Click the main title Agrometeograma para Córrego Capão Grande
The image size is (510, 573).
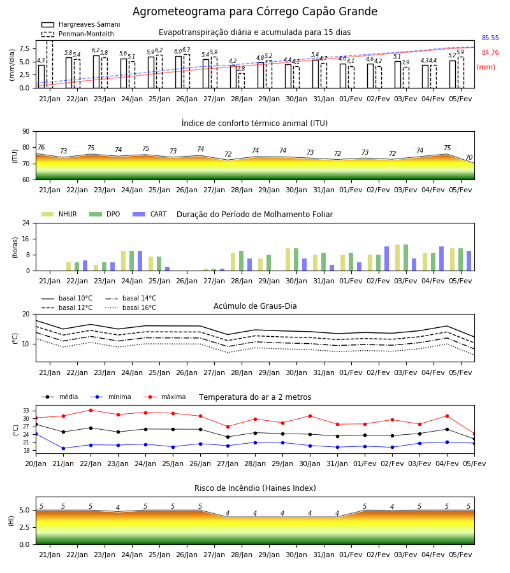tap(254, 11)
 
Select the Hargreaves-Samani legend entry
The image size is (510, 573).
tap(80, 24)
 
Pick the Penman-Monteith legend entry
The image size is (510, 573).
tap(78, 34)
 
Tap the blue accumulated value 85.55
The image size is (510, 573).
tap(490, 38)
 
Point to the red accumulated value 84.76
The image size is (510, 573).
tap(490, 52)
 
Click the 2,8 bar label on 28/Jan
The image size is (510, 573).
tap(241, 69)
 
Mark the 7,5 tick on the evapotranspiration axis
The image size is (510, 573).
tap(24, 48)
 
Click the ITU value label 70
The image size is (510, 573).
tap(469, 157)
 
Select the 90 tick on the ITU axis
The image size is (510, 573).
tap(26, 132)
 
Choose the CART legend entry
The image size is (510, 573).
tap(149, 214)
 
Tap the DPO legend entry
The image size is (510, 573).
tap(105, 214)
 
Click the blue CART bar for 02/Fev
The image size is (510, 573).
tap(387, 258)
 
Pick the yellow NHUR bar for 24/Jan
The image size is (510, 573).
tap(123, 261)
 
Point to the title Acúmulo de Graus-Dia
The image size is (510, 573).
tap(255, 306)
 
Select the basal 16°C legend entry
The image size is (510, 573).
tap(131, 308)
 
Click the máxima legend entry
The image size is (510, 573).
tap(164, 397)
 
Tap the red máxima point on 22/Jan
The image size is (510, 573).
tap(91, 410)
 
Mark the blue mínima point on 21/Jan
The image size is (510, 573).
tap(63, 448)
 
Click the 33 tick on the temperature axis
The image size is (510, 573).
tap(26, 411)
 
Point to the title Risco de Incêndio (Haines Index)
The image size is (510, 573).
tap(255, 488)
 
